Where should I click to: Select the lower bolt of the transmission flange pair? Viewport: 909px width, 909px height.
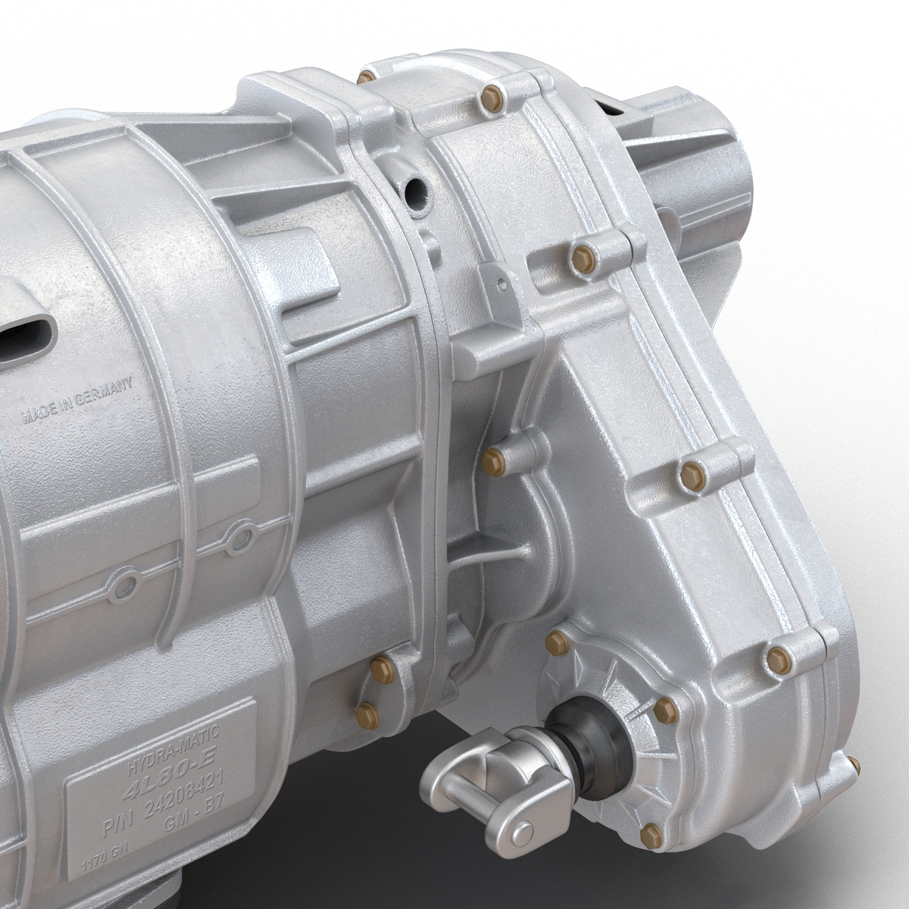pyautogui.click(x=367, y=714)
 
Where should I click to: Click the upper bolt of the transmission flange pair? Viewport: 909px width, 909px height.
pyautogui.click(x=382, y=668)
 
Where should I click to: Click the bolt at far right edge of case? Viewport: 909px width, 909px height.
pyautogui.click(x=854, y=765)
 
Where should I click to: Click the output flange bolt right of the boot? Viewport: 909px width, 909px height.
pyautogui.click(x=664, y=710)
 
